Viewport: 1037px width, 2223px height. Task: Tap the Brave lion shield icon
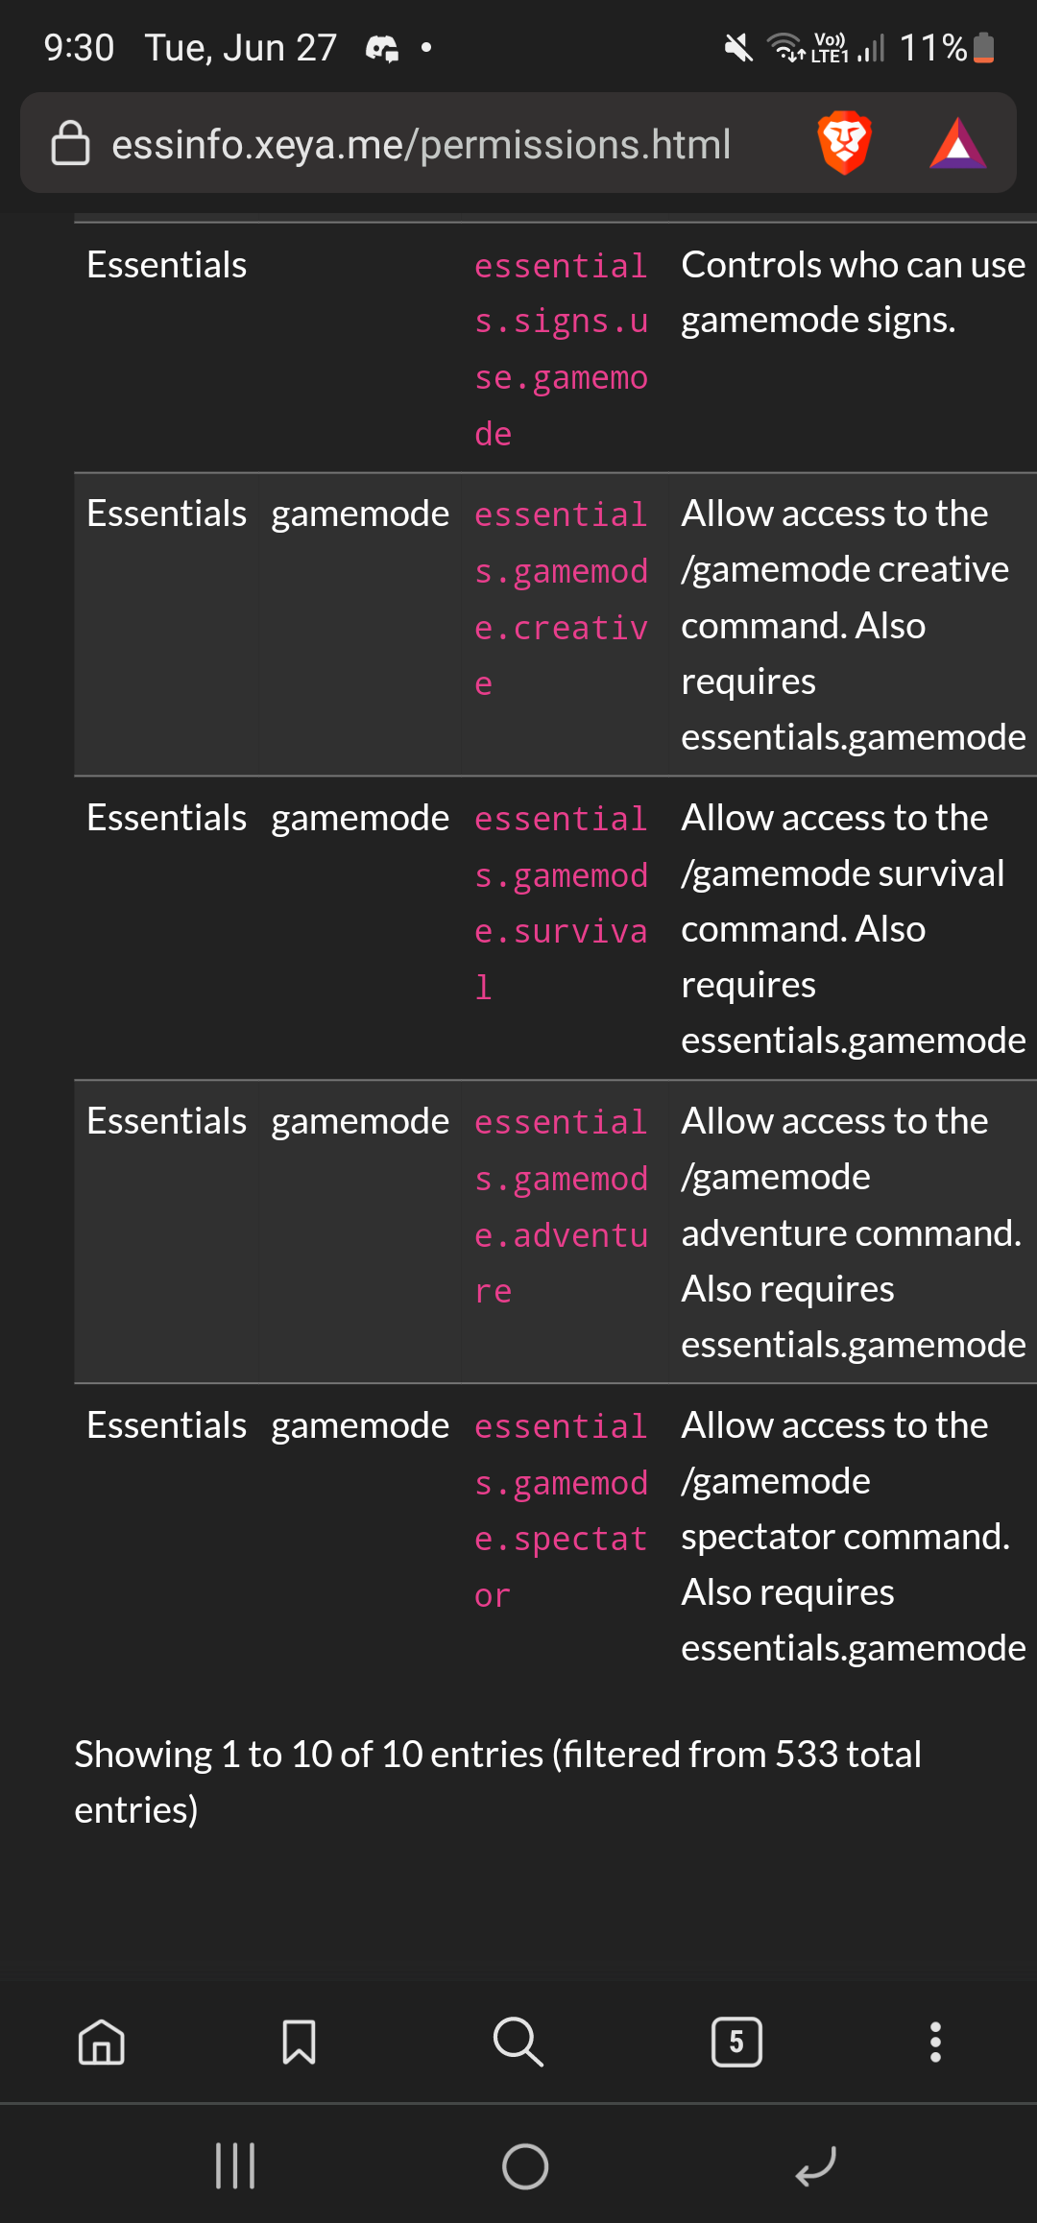844,143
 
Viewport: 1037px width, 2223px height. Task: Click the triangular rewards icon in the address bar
957,144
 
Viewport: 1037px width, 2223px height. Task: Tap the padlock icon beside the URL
70,144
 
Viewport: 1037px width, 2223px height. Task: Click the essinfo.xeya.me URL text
421,144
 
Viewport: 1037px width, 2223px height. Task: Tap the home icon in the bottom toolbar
102,2042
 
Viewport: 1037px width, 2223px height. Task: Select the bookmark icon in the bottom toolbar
299,2042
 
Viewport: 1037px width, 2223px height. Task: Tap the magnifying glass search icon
518,2042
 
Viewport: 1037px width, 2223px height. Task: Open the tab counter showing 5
736,2042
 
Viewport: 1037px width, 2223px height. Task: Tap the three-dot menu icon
935,2042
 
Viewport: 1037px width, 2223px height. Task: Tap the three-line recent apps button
235,2165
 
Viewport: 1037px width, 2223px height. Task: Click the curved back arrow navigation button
816,2165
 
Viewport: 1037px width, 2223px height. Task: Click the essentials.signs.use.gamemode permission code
561,349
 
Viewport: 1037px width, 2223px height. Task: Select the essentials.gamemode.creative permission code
561,599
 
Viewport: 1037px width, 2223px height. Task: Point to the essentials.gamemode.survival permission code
561,902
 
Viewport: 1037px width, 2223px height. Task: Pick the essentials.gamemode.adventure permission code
561,1207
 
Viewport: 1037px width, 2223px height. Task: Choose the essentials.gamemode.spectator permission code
561,1511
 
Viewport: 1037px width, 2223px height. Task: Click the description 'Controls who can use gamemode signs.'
853,292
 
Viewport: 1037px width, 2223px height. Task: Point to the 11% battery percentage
932,47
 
